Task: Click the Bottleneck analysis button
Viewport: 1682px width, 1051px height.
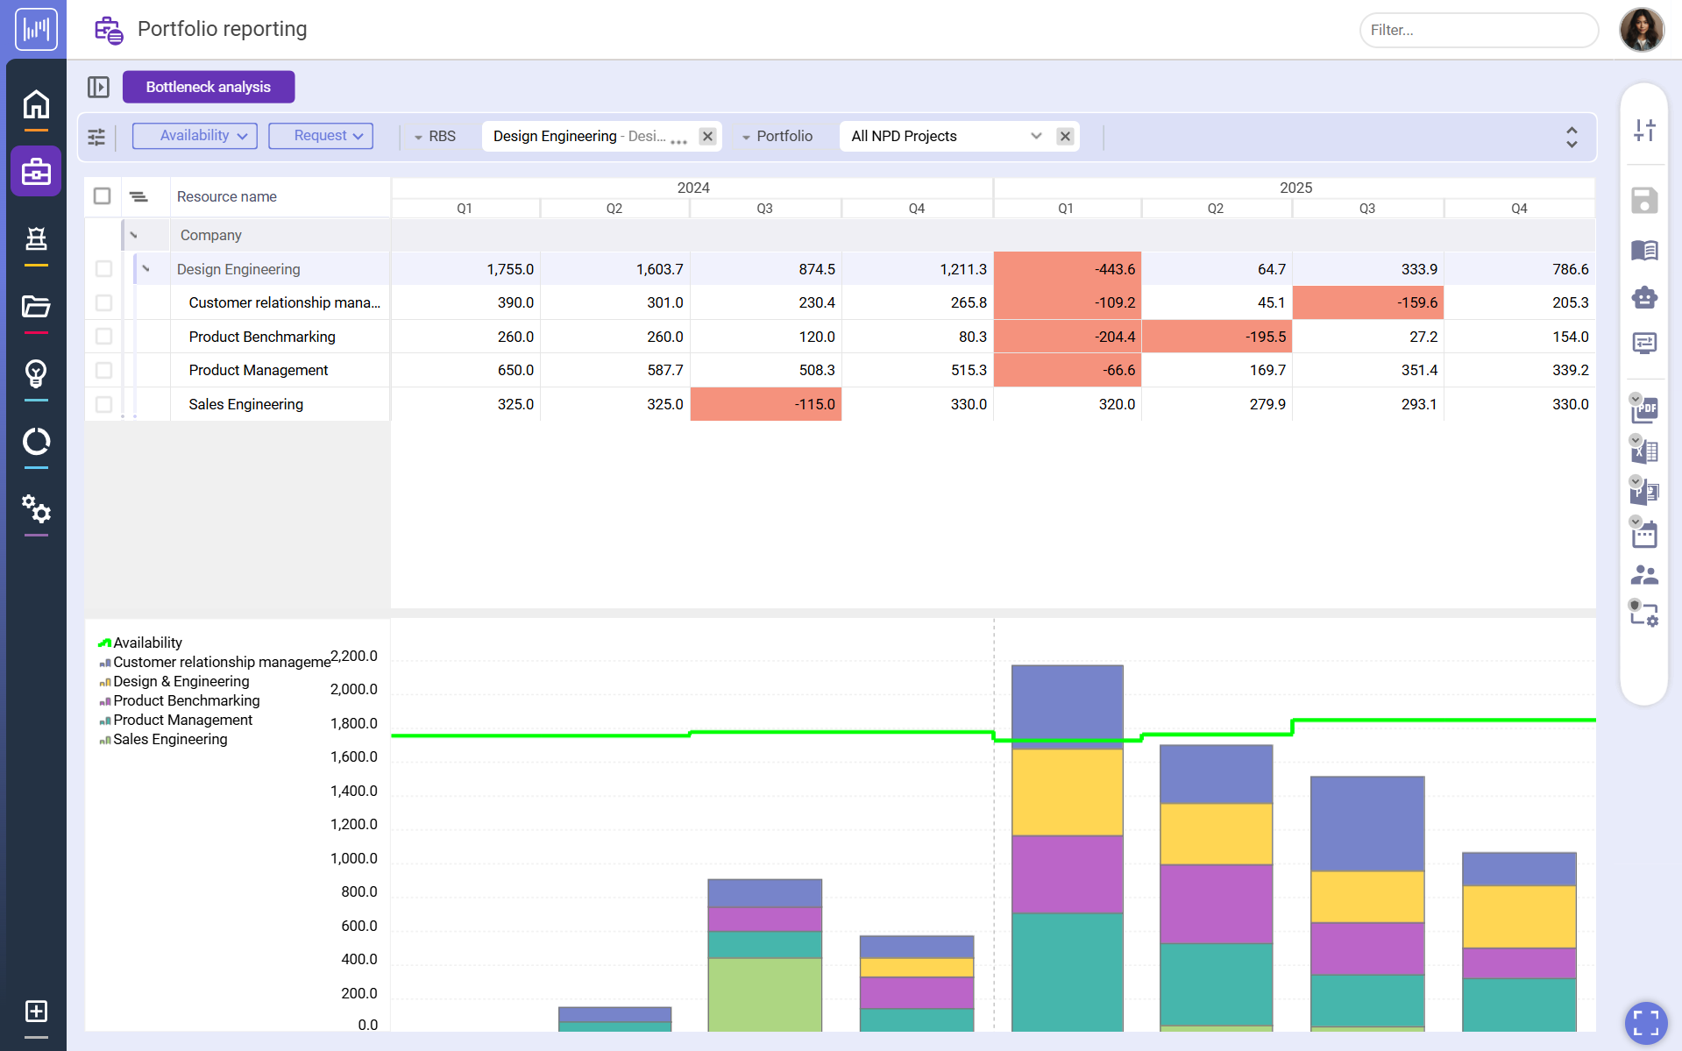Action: click(208, 87)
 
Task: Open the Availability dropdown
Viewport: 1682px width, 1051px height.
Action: click(195, 136)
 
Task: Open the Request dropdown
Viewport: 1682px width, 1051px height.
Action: click(321, 136)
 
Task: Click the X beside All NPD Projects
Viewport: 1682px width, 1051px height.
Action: click(1065, 136)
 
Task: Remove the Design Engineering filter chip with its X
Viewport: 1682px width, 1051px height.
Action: click(707, 136)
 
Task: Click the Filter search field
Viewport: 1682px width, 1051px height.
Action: click(1478, 30)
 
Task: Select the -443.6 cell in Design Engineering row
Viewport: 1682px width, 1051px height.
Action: click(1067, 269)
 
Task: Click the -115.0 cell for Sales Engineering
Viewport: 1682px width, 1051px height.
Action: click(765, 404)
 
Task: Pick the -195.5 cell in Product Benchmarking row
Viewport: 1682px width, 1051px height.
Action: click(1217, 337)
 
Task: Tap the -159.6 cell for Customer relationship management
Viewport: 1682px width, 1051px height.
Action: click(1367, 302)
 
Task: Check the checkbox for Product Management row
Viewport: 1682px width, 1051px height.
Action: click(103, 370)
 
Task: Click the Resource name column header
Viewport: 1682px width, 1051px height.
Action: click(227, 196)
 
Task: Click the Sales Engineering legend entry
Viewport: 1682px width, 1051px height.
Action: click(169, 739)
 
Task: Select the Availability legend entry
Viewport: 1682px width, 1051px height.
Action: click(146, 643)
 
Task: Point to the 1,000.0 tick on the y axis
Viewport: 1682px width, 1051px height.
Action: click(353, 858)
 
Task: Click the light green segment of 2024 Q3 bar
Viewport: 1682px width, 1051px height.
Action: click(764, 993)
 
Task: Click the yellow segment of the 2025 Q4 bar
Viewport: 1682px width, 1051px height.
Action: click(1518, 916)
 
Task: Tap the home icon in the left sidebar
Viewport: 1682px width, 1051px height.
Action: click(36, 105)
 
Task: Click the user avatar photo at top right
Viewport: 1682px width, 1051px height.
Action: click(1641, 30)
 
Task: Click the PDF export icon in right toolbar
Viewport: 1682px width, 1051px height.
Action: click(1645, 408)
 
